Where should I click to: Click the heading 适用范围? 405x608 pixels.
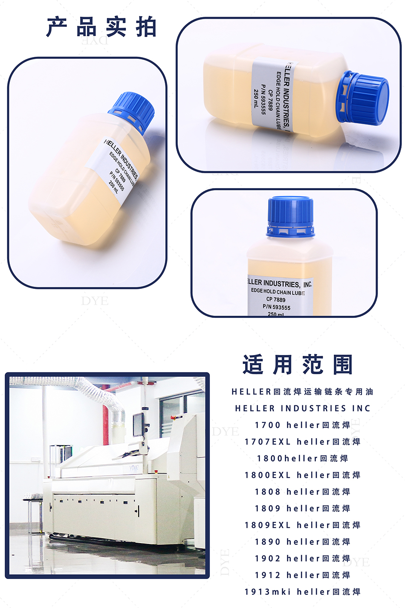click(298, 364)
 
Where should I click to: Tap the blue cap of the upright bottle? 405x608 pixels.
click(290, 216)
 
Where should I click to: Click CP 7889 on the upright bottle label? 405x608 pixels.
click(276, 300)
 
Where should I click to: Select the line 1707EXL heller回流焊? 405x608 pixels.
click(302, 442)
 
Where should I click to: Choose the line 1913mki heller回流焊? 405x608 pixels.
click(302, 592)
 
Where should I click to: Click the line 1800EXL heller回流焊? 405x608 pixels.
click(302, 475)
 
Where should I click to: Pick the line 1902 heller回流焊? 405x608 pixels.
click(302, 559)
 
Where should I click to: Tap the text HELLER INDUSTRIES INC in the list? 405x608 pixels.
click(303, 408)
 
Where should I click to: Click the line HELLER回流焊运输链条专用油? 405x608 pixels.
click(302, 392)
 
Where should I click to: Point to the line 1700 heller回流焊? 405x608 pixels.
click(302, 425)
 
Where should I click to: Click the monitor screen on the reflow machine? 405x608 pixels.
click(138, 425)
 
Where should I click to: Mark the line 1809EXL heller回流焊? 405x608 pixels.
click(302, 525)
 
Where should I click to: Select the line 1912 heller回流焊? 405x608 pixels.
click(302, 575)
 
